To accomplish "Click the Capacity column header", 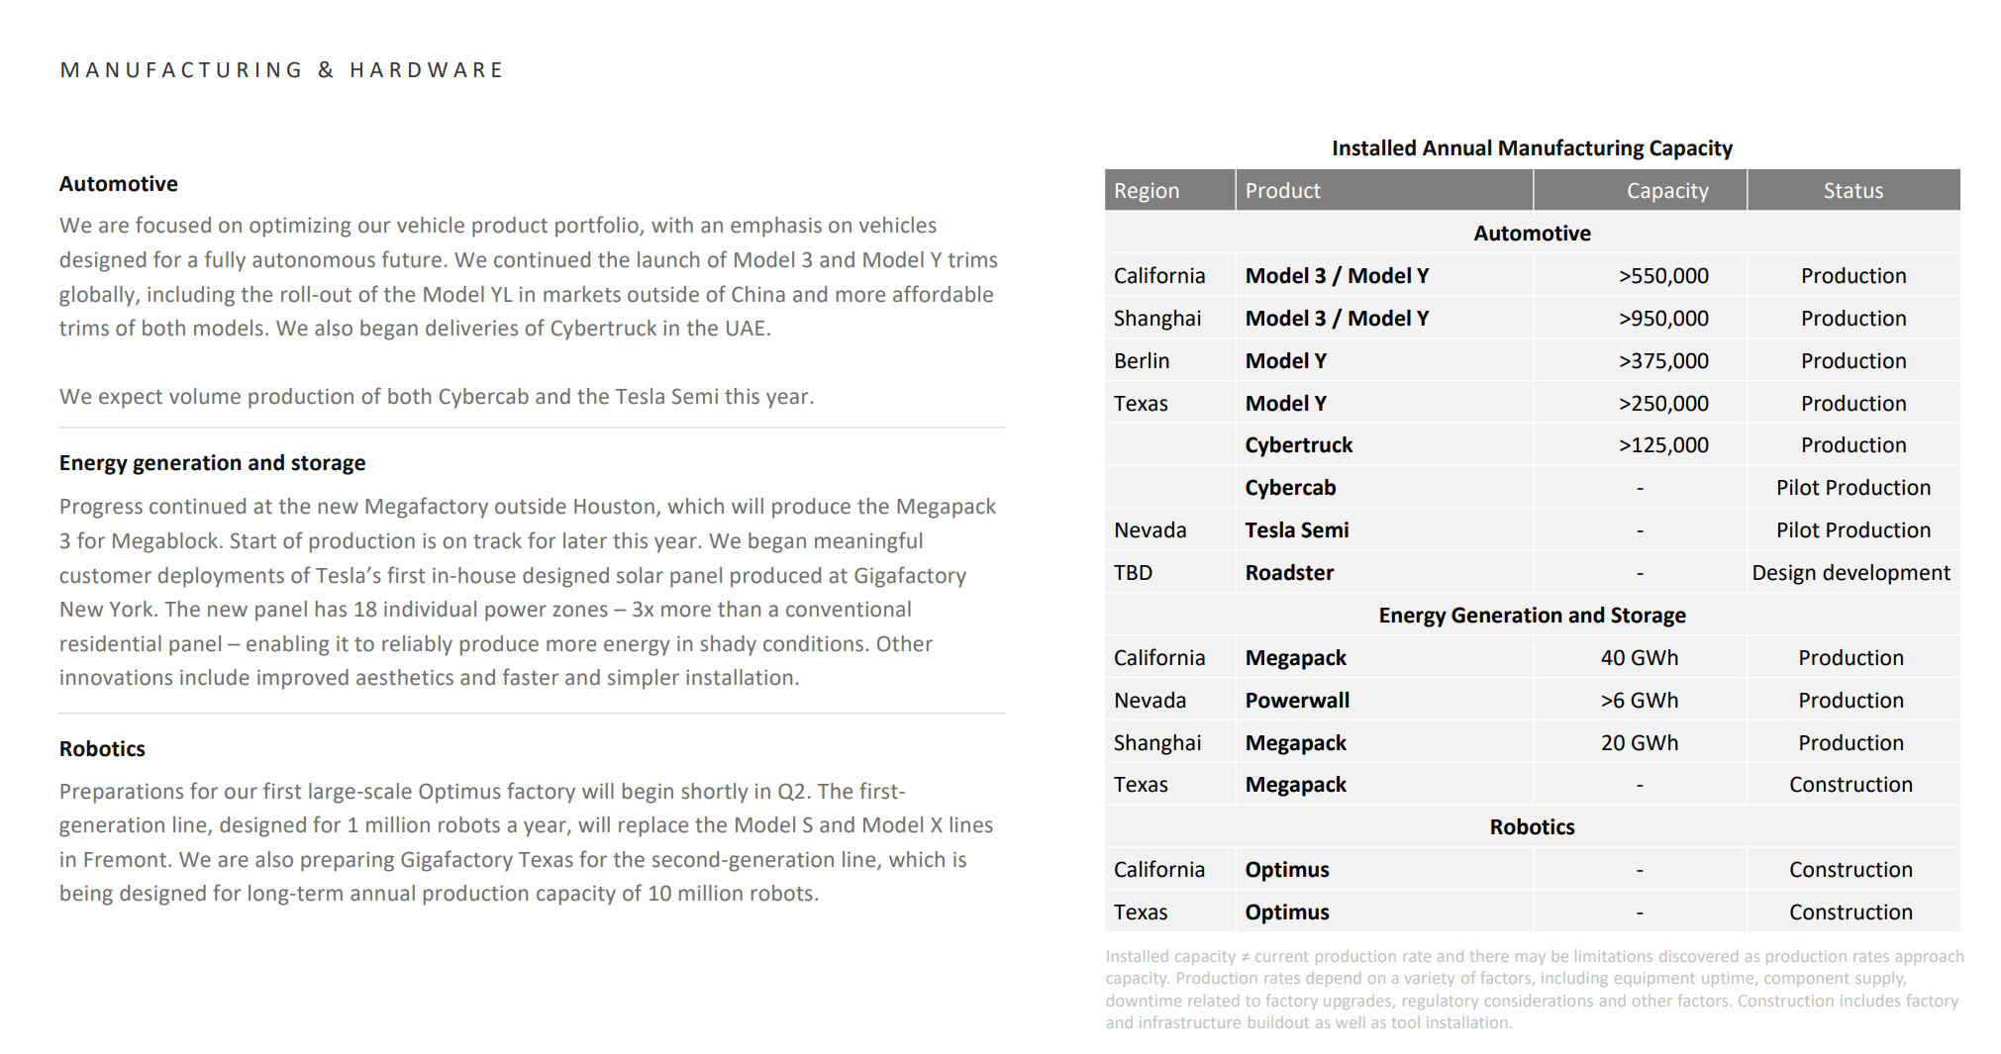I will tap(1666, 191).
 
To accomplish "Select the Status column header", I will tap(1852, 191).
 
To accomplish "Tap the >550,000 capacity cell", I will tap(1663, 276).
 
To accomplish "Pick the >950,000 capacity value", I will tap(1663, 319).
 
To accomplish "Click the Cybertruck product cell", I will tap(1298, 445).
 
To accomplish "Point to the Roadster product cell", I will tap(1289, 573).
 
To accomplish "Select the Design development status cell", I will tap(1851, 573).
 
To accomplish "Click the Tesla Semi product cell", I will tap(1296, 530).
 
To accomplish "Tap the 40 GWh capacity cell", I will tap(1639, 658).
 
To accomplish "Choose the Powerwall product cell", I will tap(1297, 701).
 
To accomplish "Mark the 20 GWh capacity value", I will tap(1639, 743).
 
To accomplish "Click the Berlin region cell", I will tap(1142, 361).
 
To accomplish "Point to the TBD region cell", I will tap(1133, 573).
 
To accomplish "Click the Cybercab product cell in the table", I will tap(1290, 488).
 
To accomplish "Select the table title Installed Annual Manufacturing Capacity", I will tap(1532, 148).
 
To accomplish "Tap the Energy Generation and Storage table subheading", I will tap(1532, 616).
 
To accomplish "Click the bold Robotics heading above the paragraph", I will tap(102, 749).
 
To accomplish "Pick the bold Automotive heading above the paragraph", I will tap(118, 184).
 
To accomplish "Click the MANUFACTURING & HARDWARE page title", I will tap(282, 70).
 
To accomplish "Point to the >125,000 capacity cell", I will tap(1663, 445).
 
